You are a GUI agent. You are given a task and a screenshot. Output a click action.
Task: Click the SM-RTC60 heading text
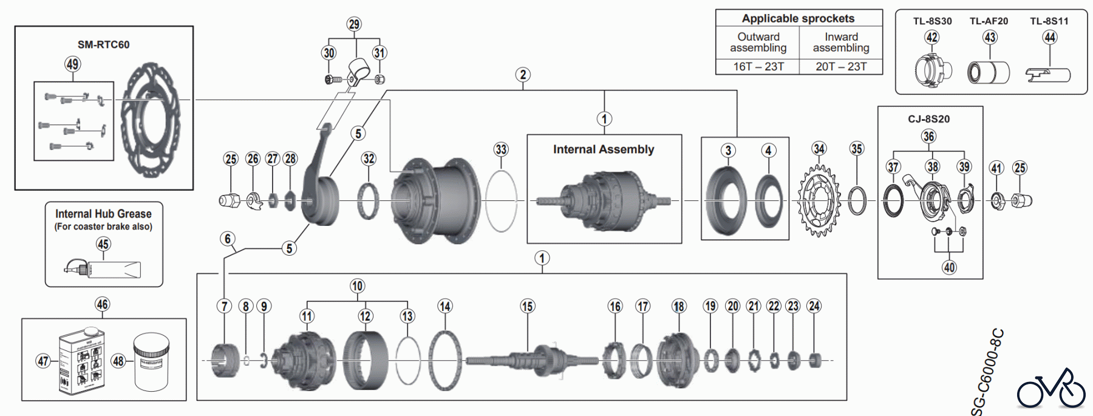click(103, 44)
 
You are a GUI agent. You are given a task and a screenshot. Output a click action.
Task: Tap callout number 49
click(73, 64)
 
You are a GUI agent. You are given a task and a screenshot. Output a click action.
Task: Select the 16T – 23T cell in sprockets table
click(758, 66)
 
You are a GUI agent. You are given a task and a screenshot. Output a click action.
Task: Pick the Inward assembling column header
click(841, 42)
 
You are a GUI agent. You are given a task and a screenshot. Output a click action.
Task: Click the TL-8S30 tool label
click(932, 21)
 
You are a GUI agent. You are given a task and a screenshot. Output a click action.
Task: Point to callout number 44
click(1050, 38)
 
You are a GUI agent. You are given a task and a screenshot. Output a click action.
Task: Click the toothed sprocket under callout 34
click(819, 200)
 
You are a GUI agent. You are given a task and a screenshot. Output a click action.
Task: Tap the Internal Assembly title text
click(604, 149)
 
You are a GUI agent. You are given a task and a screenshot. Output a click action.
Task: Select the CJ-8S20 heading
click(928, 119)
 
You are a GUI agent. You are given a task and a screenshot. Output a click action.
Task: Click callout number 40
click(949, 267)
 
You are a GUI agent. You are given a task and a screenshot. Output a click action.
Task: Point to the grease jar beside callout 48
click(151, 361)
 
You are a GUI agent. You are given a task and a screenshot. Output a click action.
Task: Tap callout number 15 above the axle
click(527, 307)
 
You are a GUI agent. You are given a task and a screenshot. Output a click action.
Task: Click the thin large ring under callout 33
click(502, 201)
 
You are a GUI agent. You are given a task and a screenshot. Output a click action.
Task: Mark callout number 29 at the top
click(354, 24)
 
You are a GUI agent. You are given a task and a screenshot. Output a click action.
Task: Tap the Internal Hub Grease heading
click(103, 214)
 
